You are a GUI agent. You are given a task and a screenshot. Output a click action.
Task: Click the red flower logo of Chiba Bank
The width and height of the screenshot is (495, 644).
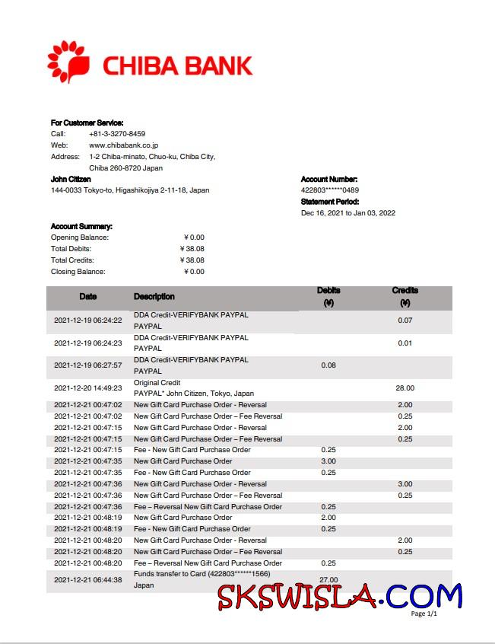click(x=68, y=62)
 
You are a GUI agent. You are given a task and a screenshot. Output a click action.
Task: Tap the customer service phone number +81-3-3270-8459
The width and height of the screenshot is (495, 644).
click(x=117, y=134)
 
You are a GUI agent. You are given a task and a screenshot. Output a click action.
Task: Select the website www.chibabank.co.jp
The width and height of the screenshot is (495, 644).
click(x=123, y=145)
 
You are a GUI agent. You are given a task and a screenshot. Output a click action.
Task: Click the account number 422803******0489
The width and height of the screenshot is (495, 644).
click(x=330, y=190)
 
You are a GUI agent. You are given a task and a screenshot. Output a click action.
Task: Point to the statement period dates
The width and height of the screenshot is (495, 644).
click(x=348, y=213)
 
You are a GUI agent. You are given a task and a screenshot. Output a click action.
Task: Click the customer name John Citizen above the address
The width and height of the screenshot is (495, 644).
click(x=71, y=179)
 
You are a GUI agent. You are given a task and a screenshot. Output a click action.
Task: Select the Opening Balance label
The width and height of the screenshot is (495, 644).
click(x=80, y=238)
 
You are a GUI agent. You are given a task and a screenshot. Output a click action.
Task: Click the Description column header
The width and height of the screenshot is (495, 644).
click(x=154, y=297)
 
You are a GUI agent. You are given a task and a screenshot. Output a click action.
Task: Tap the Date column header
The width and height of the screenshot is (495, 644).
click(x=88, y=297)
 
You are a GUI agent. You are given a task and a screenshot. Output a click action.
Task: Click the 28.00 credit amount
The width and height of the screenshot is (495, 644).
click(x=405, y=388)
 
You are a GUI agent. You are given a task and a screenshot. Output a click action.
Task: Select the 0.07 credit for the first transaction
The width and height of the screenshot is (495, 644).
click(x=405, y=320)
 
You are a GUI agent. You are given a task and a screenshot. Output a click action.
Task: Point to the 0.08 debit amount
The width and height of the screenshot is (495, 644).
click(x=328, y=365)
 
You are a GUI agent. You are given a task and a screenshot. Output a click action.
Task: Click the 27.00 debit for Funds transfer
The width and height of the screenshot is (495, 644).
click(x=328, y=580)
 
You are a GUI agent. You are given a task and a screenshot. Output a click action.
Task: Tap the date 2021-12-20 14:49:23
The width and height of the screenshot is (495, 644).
click(x=87, y=388)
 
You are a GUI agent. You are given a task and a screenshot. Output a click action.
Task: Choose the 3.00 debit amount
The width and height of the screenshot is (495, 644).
click(x=328, y=461)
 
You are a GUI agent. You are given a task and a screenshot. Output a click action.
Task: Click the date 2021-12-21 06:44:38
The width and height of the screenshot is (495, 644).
click(x=87, y=580)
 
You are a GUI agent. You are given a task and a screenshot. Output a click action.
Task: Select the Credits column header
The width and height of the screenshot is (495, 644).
click(x=405, y=296)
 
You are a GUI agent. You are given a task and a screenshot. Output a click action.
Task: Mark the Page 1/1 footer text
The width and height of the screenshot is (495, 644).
click(x=424, y=614)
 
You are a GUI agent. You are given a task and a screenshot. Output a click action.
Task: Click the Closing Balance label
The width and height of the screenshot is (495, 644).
click(x=78, y=272)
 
